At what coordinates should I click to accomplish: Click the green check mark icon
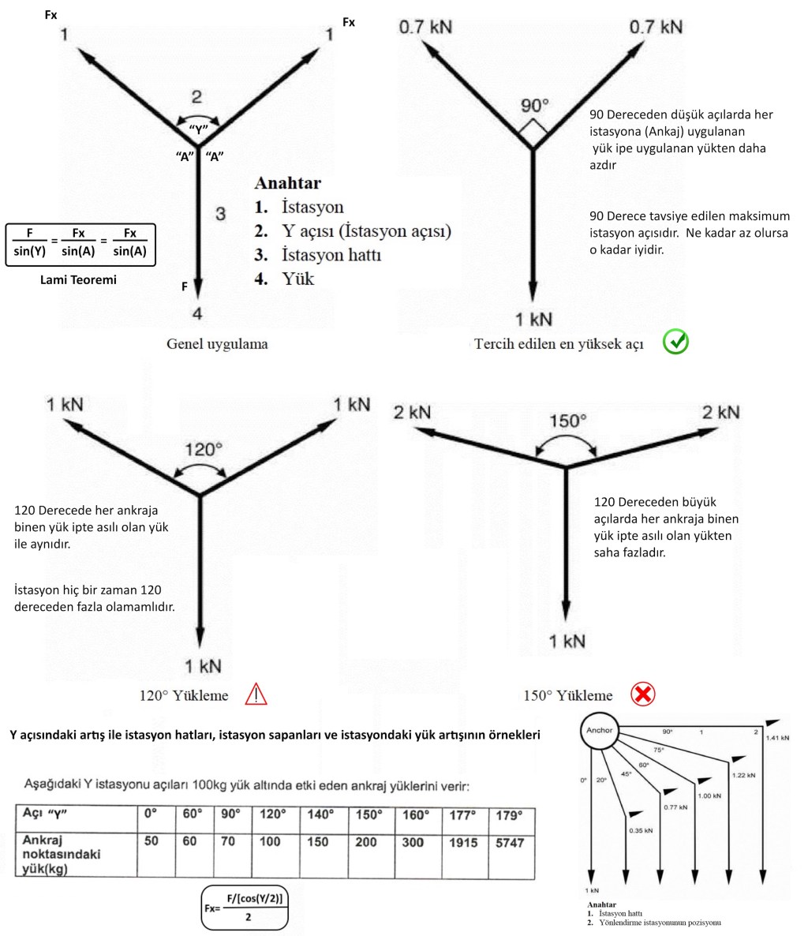(676, 342)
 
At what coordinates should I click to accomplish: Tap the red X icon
(643, 695)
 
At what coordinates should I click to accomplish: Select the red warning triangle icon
(256, 695)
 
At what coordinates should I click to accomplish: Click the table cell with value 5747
(510, 843)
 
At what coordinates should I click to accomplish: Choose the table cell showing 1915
(462, 843)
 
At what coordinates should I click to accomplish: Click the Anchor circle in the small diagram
(600, 732)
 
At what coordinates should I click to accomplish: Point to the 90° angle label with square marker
(535, 105)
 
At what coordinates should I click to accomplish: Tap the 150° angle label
(567, 421)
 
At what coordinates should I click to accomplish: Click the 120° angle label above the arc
(203, 450)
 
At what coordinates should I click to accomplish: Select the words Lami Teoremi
(78, 279)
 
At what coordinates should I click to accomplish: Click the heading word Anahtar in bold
(287, 183)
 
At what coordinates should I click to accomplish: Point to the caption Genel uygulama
(216, 344)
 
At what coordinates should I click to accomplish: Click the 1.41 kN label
(778, 738)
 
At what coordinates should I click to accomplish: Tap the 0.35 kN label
(641, 831)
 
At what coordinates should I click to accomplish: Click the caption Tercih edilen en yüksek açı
(559, 344)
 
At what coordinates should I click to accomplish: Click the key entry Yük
(297, 279)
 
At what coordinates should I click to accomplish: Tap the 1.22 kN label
(743, 775)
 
